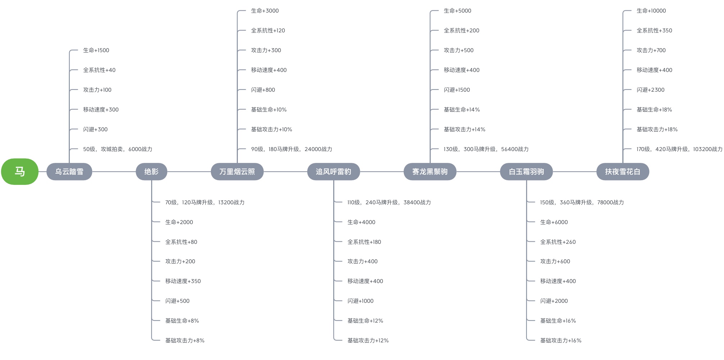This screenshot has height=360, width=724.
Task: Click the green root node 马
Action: click(x=20, y=172)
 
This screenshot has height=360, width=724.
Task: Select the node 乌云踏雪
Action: click(x=69, y=172)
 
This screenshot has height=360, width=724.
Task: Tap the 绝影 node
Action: click(x=151, y=172)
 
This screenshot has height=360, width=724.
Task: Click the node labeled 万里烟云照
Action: click(x=237, y=172)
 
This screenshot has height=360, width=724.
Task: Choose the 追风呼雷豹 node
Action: click(x=334, y=172)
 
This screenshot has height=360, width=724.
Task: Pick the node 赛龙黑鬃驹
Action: click(x=430, y=172)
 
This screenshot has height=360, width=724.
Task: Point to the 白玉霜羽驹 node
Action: click(x=526, y=172)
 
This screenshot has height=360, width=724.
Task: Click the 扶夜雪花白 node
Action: click(x=623, y=172)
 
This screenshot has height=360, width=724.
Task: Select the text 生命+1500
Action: click(x=96, y=50)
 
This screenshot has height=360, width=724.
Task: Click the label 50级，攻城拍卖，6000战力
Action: click(x=118, y=149)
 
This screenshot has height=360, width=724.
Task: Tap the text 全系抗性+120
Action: click(x=268, y=31)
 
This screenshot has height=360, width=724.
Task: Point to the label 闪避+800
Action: click(x=263, y=90)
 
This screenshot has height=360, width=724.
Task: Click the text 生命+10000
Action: click(x=651, y=11)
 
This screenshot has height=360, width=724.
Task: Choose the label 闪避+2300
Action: click(x=651, y=90)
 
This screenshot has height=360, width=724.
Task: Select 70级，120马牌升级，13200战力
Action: click(x=205, y=202)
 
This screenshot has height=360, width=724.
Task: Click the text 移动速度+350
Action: click(x=183, y=281)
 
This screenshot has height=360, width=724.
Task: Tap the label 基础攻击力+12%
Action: click(x=368, y=341)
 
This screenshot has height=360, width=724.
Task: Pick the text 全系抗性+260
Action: click(x=558, y=242)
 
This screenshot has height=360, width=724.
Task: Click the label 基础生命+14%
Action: click(x=462, y=110)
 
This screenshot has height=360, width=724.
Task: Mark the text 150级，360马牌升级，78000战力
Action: click(x=582, y=202)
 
